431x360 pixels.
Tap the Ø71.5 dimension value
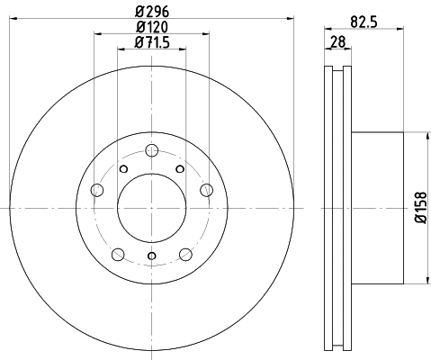click(x=151, y=43)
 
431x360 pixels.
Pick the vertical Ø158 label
click(x=419, y=207)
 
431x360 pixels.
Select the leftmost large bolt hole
click(x=97, y=188)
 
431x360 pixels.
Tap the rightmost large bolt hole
click(x=206, y=188)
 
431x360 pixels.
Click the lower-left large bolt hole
click(x=118, y=253)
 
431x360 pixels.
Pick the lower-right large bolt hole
click(x=185, y=253)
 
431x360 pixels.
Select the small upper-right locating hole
click(x=180, y=169)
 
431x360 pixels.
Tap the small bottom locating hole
click(x=151, y=257)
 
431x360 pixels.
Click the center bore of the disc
click(x=151, y=208)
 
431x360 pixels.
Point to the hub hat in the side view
click(x=387, y=207)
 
